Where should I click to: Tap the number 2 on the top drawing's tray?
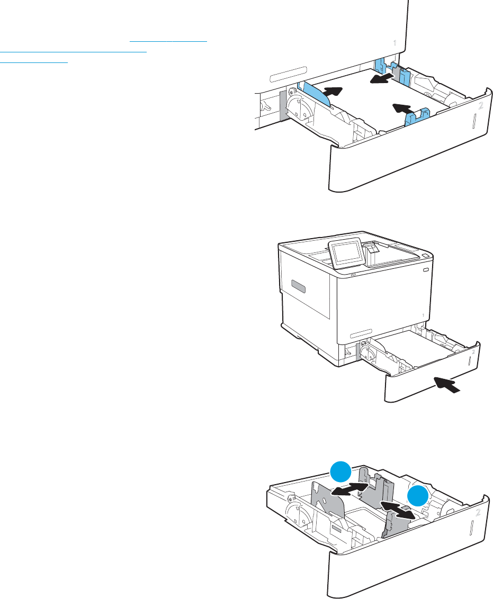point(481,106)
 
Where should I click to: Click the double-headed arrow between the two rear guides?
point(349,488)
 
